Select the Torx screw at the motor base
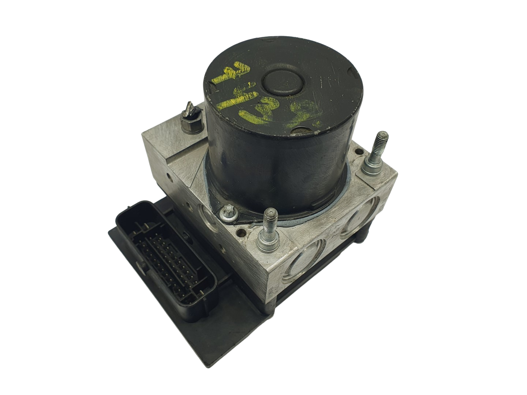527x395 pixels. point(225,213)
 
